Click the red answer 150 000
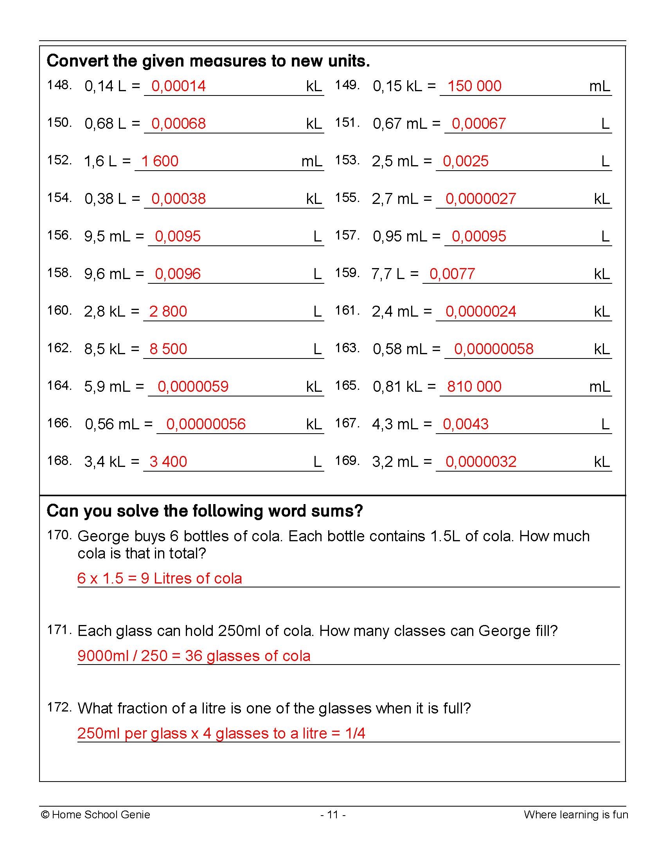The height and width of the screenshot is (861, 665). click(474, 86)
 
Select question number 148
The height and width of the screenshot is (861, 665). click(59, 85)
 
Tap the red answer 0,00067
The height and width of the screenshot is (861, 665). click(478, 123)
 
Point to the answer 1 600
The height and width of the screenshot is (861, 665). click(160, 161)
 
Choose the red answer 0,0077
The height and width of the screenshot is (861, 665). click(452, 274)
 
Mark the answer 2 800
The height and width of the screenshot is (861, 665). click(168, 312)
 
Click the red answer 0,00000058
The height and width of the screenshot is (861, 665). click(493, 349)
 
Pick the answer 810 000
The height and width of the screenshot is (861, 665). click(474, 386)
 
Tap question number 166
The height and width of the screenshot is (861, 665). click(59, 423)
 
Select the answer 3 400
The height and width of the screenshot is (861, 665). click(168, 462)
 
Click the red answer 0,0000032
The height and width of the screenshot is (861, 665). click(481, 462)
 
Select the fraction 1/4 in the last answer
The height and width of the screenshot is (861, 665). click(354, 733)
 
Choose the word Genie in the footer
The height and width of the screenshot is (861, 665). click(136, 814)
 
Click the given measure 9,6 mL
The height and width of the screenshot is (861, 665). click(107, 274)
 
